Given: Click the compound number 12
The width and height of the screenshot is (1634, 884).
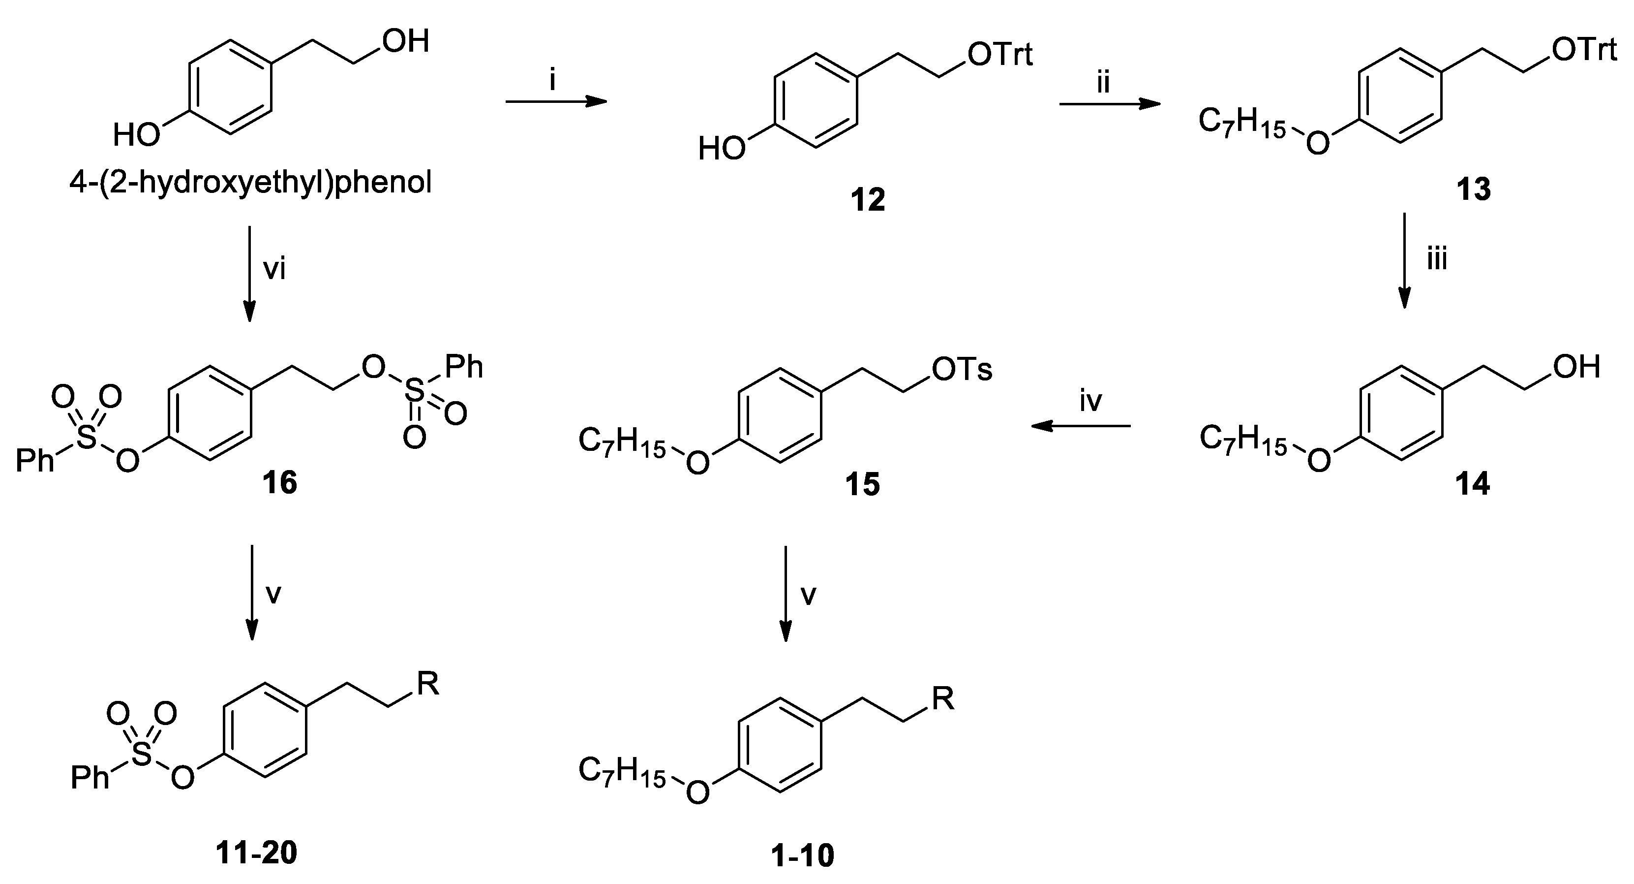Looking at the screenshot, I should (868, 200).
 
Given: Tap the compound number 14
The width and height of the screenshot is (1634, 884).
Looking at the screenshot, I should (1472, 484).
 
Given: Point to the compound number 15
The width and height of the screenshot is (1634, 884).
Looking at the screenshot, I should (862, 484).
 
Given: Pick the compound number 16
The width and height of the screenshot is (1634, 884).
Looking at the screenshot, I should (280, 483).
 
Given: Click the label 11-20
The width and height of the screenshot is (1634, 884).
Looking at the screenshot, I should (256, 853).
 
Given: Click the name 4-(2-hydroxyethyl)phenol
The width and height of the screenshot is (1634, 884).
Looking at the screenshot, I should (250, 184).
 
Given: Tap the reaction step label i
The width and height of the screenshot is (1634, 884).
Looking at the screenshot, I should (552, 81).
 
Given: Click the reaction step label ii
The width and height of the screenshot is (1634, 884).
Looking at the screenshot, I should (1104, 83).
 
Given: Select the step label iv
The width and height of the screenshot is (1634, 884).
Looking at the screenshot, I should (1091, 401).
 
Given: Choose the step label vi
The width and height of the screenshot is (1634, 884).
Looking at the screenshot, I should (274, 270).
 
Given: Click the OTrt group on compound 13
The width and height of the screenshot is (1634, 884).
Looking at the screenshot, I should (1584, 50).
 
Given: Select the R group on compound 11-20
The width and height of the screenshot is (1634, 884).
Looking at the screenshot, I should (427, 684).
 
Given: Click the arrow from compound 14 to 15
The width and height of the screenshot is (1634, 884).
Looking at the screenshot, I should (1081, 426).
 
